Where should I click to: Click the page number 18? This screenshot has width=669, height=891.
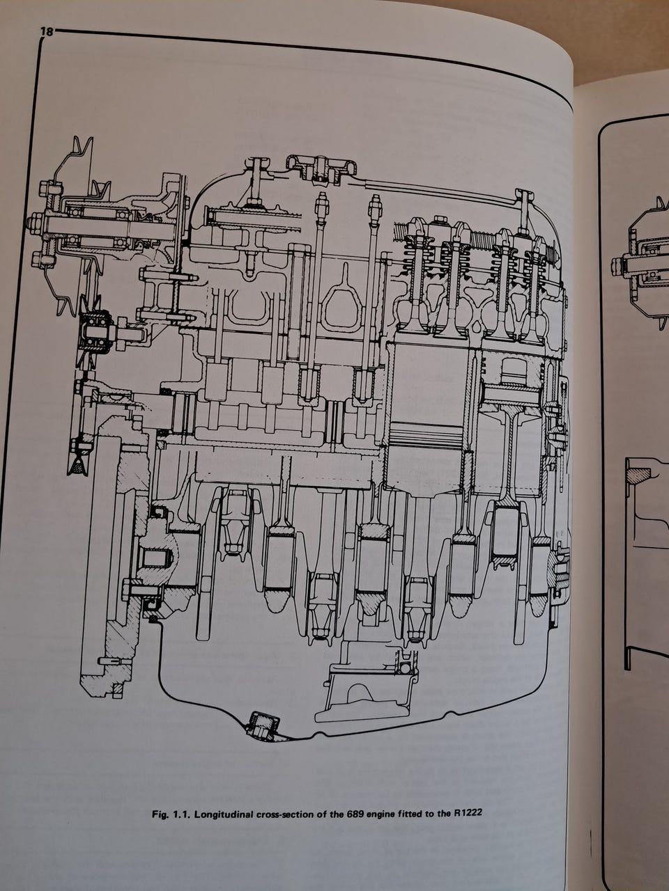(x=47, y=31)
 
